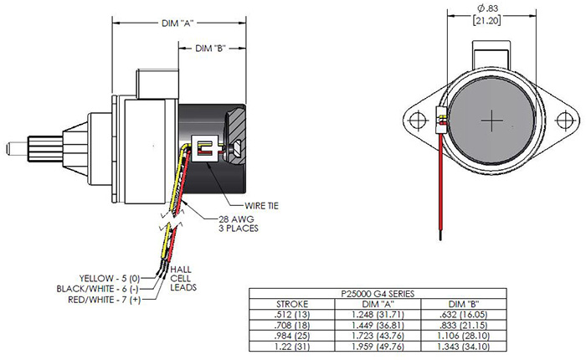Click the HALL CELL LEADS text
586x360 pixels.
pos(182,280)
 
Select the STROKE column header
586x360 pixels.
pos(292,303)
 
